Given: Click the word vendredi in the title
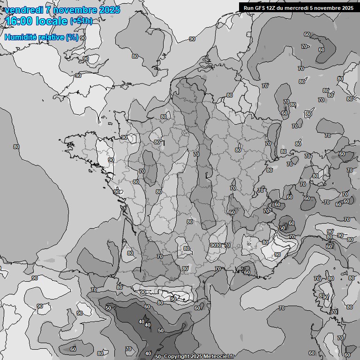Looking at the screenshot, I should (x=23, y=10).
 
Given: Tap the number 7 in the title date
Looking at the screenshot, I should (x=48, y=10).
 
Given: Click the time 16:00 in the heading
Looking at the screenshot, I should (x=19, y=21).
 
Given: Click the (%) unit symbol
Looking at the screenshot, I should (x=72, y=37).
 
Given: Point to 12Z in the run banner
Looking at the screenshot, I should (x=272, y=7).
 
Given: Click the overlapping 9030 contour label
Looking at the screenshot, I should (x=216, y=245).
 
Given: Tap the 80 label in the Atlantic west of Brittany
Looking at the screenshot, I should (x=16, y=147).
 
